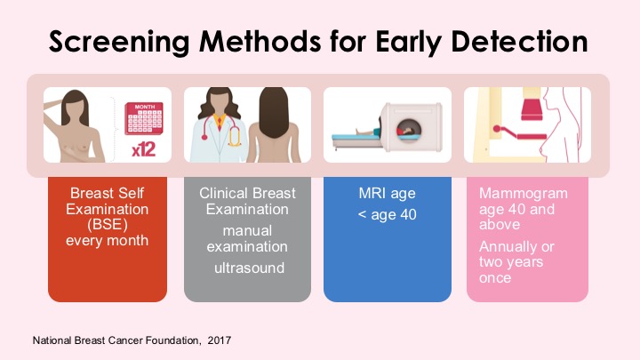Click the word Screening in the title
pyautogui.click(x=119, y=42)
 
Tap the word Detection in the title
pyautogui.click(x=520, y=41)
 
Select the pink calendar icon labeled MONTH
pyautogui.click(x=144, y=118)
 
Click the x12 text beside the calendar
pyautogui.click(x=144, y=150)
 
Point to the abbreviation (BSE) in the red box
pyautogui.click(x=108, y=225)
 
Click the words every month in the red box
pyautogui.click(x=107, y=240)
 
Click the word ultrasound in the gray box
pyautogui.click(x=249, y=268)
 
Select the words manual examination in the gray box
pyautogui.click(x=247, y=238)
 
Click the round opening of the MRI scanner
pyautogui.click(x=408, y=130)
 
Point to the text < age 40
pyautogui.click(x=387, y=214)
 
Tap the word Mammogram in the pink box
pyautogui.click(x=524, y=194)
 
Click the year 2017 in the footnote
pyautogui.click(x=220, y=340)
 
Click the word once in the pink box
pyautogui.click(x=495, y=278)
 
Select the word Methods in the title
pyautogui.click(x=260, y=41)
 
